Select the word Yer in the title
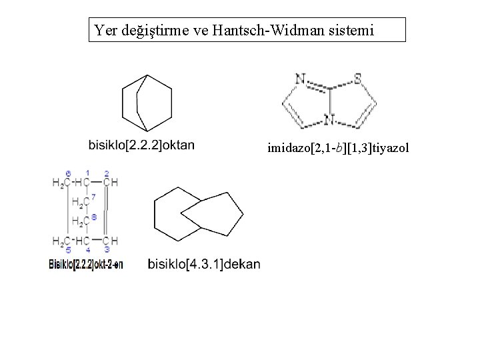click(105, 30)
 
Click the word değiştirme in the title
click(155, 31)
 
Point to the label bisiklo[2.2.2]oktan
click(141, 145)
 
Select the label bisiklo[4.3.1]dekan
click(204, 264)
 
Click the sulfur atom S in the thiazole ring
click(358, 79)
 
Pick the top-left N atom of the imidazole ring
click(300, 79)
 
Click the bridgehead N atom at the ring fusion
click(328, 120)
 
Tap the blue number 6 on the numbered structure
click(68, 173)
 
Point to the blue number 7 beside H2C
click(94, 197)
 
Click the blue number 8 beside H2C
click(94, 216)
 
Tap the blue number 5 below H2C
click(68, 249)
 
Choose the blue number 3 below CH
click(107, 249)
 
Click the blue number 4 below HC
click(87, 249)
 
